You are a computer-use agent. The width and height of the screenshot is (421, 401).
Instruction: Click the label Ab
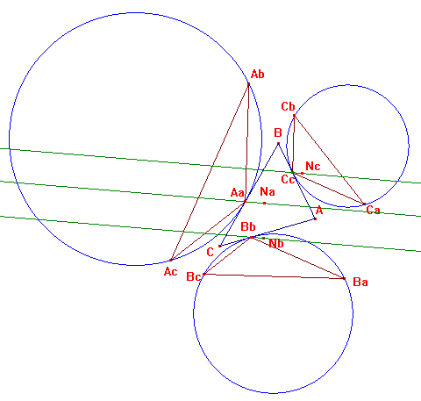pyautogui.click(x=257, y=74)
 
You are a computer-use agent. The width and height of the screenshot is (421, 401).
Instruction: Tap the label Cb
pyautogui.click(x=288, y=106)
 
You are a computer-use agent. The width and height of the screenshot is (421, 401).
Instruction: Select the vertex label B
pyautogui.click(x=278, y=132)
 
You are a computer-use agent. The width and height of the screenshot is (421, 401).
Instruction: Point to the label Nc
pyautogui.click(x=313, y=166)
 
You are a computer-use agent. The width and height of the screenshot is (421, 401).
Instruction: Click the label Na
pyautogui.click(x=268, y=191)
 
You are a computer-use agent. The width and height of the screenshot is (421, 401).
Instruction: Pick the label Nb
pyautogui.click(x=276, y=243)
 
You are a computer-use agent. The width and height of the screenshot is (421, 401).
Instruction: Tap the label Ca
pyautogui.click(x=373, y=210)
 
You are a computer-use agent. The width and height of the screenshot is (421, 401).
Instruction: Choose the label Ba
pyautogui.click(x=360, y=282)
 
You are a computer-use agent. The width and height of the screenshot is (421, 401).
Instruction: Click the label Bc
pyautogui.click(x=193, y=276)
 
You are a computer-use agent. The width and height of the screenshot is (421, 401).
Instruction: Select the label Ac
pyautogui.click(x=170, y=272)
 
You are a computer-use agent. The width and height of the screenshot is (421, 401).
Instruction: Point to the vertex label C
pyautogui.click(x=210, y=252)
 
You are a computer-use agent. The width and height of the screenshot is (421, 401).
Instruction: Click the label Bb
pyautogui.click(x=248, y=226)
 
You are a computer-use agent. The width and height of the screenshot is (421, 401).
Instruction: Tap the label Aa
pyautogui.click(x=237, y=193)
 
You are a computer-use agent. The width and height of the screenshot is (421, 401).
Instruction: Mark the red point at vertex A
pyautogui.click(x=315, y=218)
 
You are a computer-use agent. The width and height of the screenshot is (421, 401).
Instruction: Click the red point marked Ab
pyautogui.click(x=249, y=84)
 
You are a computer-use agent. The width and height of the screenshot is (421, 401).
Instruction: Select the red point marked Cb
pyautogui.click(x=294, y=116)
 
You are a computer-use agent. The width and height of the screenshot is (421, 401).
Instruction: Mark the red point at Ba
pyautogui.click(x=345, y=279)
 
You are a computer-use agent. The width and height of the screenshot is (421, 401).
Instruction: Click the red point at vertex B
pyautogui.click(x=278, y=143)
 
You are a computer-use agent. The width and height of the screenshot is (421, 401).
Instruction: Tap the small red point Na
pyautogui.click(x=265, y=203)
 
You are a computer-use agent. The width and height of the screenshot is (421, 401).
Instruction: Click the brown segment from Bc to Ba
pyautogui.click(x=275, y=276)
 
